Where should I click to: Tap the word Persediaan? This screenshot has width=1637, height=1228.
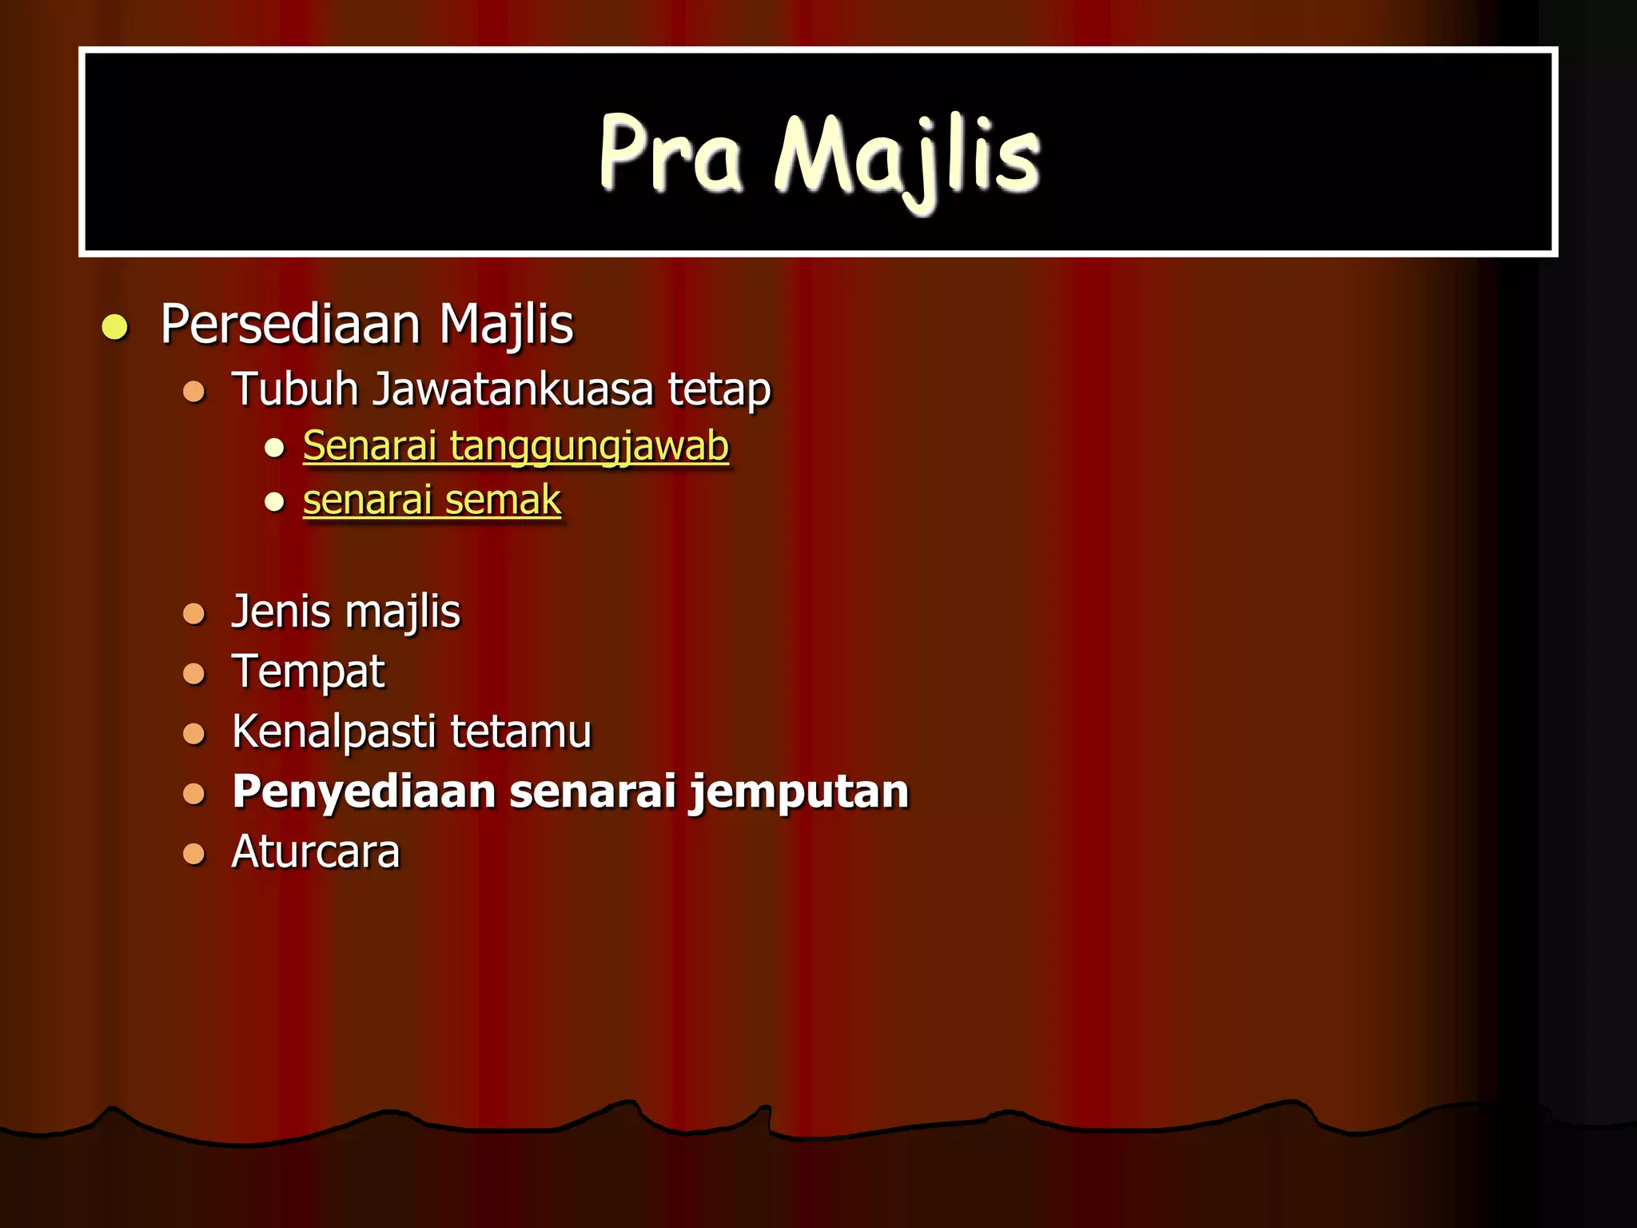point(290,325)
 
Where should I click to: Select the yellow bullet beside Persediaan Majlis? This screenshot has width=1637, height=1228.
point(116,328)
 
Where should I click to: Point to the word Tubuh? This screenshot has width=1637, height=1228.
point(295,389)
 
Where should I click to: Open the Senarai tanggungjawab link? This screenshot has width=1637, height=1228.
point(516,445)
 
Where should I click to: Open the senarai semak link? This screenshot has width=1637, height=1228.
point(432,500)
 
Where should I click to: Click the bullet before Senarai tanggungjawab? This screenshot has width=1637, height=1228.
point(275,448)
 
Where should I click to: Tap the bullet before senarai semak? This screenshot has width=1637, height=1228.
point(275,502)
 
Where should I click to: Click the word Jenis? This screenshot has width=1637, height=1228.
point(281,612)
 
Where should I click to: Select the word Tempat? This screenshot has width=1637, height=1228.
point(308,672)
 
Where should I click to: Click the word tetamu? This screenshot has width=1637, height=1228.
point(520,732)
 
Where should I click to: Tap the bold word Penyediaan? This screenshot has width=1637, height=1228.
point(364,791)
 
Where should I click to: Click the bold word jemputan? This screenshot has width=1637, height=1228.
point(799,792)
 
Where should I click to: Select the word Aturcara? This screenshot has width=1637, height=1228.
point(316,851)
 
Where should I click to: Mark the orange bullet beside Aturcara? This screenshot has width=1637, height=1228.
point(194,854)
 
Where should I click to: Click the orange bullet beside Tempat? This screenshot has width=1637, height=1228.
point(194,674)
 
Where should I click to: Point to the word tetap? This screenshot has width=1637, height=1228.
point(719,389)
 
